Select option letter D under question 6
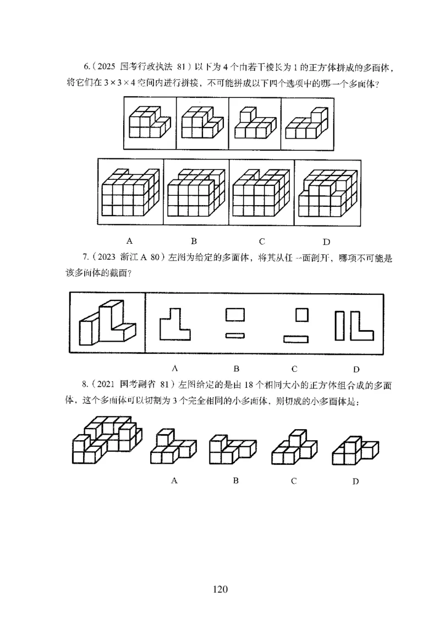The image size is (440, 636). [x=326, y=241]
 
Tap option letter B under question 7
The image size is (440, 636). [x=235, y=368]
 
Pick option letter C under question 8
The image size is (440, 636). [x=294, y=481]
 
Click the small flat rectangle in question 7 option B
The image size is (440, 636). [x=235, y=335]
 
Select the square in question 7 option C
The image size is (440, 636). [x=302, y=315]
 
